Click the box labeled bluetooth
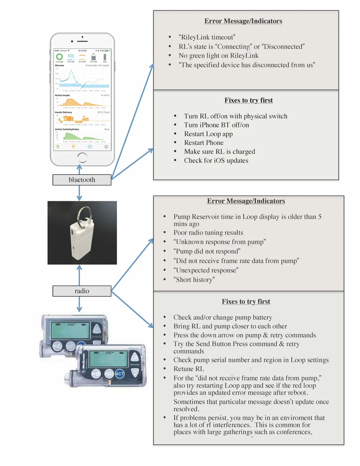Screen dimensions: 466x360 (x=82, y=180)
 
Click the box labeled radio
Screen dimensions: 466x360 (x=82, y=291)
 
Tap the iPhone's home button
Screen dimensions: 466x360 (x=82, y=157)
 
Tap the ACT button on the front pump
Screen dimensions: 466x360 (x=120, y=374)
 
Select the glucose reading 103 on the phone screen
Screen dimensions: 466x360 (x=71, y=56)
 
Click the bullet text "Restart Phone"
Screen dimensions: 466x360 (x=204, y=143)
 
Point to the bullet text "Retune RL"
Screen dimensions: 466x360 (x=189, y=369)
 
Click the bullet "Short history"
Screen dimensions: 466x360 (x=194, y=280)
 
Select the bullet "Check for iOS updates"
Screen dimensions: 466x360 (x=216, y=161)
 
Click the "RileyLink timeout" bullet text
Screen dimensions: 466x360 (x=207, y=37)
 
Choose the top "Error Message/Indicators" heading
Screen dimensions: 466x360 (x=243, y=21)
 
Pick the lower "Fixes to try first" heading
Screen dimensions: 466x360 (x=246, y=301)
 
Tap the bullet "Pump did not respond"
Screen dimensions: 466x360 (x=207, y=251)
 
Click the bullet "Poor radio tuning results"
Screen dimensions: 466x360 (x=208, y=233)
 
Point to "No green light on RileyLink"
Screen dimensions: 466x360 (x=219, y=55)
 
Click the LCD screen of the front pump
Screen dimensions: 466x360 (x=108, y=359)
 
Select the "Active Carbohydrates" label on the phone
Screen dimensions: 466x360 (x=67, y=129)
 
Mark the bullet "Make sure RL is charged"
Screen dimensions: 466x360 (x=220, y=152)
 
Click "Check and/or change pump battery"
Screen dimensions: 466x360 (x=222, y=317)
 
